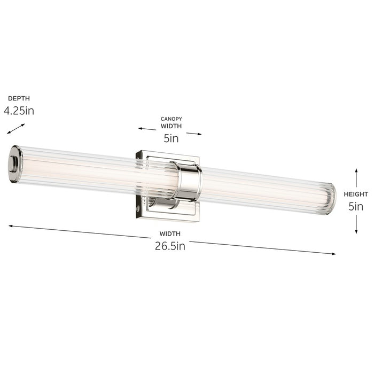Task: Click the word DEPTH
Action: point(19,98)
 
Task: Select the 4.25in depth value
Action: point(19,111)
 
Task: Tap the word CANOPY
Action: point(171,119)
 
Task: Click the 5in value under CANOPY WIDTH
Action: point(171,138)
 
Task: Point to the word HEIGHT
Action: point(356,194)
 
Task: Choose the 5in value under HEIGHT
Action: point(356,206)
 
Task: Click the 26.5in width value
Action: point(169,246)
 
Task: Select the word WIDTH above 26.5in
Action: point(169,234)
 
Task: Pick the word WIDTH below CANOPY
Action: point(171,127)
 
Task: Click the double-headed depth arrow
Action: point(16,129)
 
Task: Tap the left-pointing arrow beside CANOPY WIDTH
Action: point(147,129)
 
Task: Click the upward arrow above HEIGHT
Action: point(356,176)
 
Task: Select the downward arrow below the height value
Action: point(356,224)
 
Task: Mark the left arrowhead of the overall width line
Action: point(11,226)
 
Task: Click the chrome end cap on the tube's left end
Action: point(15,164)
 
